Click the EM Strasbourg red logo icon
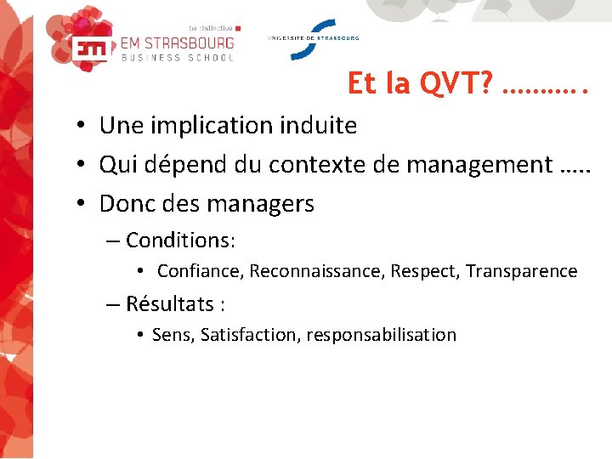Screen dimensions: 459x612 [90, 48]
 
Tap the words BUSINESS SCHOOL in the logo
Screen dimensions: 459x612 [178, 58]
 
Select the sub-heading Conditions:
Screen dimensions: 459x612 [180, 241]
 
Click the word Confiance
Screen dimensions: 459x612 [201, 272]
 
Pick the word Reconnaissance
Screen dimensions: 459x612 [317, 272]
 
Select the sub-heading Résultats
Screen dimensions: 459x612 [169, 303]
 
